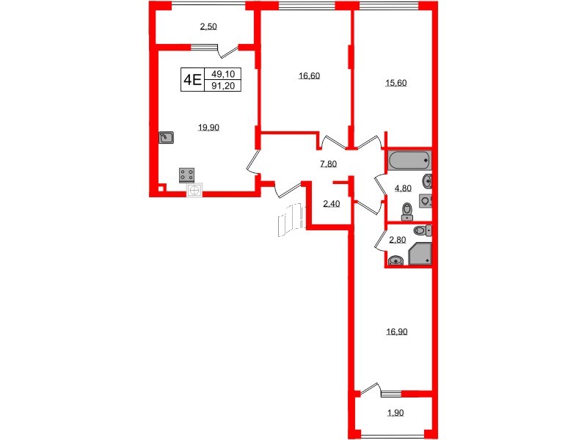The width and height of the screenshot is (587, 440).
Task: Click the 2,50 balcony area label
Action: point(208,27)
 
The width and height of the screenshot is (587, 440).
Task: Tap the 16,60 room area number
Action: point(309,76)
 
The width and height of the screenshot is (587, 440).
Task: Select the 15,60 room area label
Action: point(396,83)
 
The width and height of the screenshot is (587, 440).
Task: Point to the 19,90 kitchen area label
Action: point(209,127)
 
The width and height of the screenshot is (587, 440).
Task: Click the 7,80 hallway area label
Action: point(328,164)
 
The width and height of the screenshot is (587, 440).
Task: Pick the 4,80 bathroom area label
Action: point(403,188)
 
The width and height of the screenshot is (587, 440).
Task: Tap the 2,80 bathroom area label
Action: point(397,240)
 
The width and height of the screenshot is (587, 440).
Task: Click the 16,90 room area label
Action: point(396,331)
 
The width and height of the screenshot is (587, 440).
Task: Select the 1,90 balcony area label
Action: point(395,414)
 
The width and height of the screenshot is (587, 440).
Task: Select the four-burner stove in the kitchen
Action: point(188,175)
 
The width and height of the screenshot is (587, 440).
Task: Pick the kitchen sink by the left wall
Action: point(167,137)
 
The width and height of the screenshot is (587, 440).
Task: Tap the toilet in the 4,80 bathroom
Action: point(408,212)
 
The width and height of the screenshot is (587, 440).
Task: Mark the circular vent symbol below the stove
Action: point(194,191)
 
